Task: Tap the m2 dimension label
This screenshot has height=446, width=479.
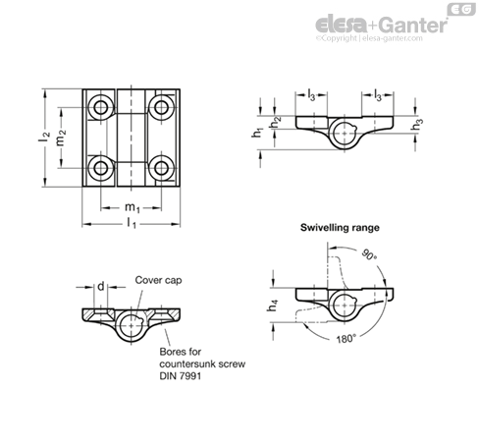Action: [61, 138]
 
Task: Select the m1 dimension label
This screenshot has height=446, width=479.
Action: [133, 207]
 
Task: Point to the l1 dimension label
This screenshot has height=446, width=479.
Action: [132, 224]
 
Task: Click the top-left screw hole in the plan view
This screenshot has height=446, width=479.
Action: [100, 107]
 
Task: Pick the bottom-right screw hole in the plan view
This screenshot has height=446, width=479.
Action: [161, 168]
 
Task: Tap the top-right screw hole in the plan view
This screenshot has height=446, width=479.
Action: [161, 107]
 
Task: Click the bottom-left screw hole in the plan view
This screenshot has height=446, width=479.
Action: [100, 168]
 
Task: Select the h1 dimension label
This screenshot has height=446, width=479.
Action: [257, 132]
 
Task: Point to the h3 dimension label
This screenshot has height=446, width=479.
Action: [416, 125]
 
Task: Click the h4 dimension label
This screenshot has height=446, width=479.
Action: [272, 306]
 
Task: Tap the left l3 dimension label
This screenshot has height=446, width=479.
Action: [311, 95]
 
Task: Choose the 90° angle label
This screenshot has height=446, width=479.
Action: [370, 254]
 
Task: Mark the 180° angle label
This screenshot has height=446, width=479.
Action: [346, 339]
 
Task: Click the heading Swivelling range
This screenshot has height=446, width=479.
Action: [340, 228]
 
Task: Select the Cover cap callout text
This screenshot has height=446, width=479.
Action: [158, 280]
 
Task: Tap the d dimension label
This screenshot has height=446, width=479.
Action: [101, 287]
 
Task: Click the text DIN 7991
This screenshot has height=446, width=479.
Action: [181, 375]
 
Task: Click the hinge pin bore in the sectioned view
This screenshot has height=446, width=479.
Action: [131, 325]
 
